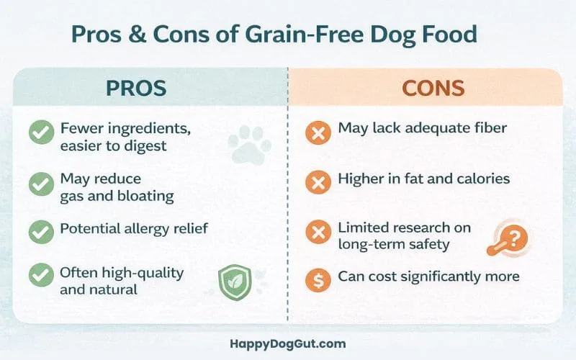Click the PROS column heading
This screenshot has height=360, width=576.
pyautogui.click(x=136, y=88)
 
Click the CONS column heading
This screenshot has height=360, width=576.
pyautogui.click(x=432, y=88)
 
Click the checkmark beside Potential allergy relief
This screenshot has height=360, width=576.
pyautogui.click(x=40, y=231)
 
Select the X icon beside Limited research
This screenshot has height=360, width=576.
pyautogui.click(x=317, y=231)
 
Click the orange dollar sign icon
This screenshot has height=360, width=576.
pyautogui.click(x=317, y=278)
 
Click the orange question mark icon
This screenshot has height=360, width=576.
pyautogui.click(x=513, y=238)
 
